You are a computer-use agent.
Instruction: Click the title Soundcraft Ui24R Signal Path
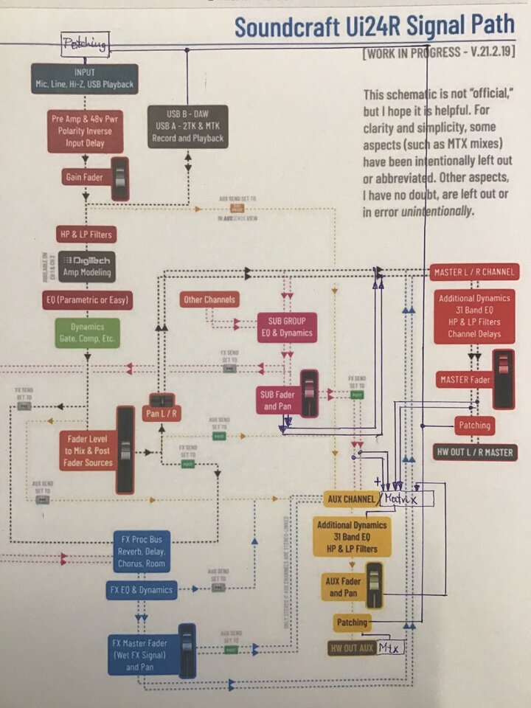click(x=375, y=26)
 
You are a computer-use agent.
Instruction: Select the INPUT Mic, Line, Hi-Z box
click(x=84, y=78)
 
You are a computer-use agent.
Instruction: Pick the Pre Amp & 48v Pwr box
click(x=85, y=131)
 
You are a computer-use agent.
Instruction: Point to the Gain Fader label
click(x=84, y=177)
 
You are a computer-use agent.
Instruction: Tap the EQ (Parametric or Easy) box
click(x=87, y=300)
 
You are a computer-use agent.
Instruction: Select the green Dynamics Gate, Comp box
click(x=87, y=333)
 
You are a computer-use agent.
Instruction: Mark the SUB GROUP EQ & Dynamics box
click(x=286, y=326)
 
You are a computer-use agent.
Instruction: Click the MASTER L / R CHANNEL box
click(x=474, y=271)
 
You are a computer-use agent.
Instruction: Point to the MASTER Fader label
click(x=465, y=381)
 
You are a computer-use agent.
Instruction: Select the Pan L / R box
click(x=162, y=414)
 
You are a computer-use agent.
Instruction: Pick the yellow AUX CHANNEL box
click(x=350, y=499)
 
